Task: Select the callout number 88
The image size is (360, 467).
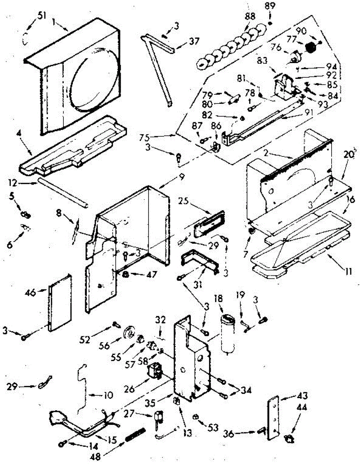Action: pyautogui.click(x=250, y=17)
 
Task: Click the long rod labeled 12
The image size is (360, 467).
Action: pyautogui.click(x=62, y=192)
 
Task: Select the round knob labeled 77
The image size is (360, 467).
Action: pyautogui.click(x=310, y=47)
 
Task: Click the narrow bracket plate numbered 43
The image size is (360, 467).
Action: pyautogui.click(x=275, y=417)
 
